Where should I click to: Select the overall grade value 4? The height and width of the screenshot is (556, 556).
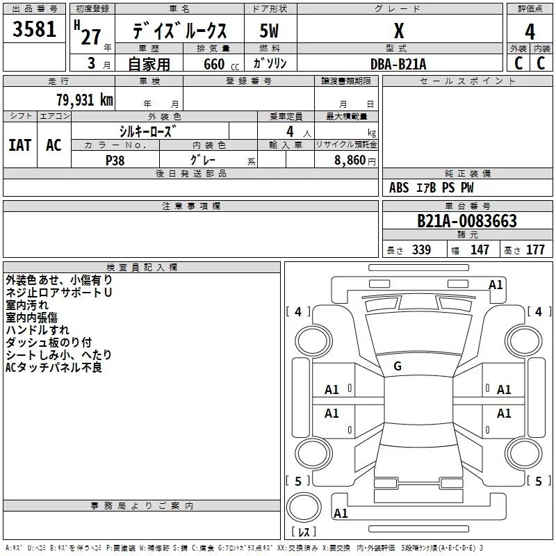point(530,31)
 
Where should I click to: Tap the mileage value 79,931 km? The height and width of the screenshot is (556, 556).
point(84,99)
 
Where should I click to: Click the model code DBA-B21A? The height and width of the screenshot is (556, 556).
point(398,64)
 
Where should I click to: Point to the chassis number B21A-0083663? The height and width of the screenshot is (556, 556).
point(466,221)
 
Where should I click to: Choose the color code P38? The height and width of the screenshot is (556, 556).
point(115,160)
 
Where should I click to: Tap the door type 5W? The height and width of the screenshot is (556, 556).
point(269,31)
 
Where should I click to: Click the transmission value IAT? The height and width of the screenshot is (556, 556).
point(19,145)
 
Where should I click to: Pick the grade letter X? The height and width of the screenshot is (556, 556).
point(398,31)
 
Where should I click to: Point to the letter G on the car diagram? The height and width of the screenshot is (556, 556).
point(398,366)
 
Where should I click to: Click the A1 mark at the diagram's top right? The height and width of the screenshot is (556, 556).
point(496,284)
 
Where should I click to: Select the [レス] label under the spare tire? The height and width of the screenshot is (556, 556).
point(303,532)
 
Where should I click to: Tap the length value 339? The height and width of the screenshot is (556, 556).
point(421,250)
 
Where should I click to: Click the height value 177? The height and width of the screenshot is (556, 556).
point(535,250)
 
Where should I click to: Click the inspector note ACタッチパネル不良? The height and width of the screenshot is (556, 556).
point(54,367)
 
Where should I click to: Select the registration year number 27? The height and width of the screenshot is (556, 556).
point(90,36)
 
